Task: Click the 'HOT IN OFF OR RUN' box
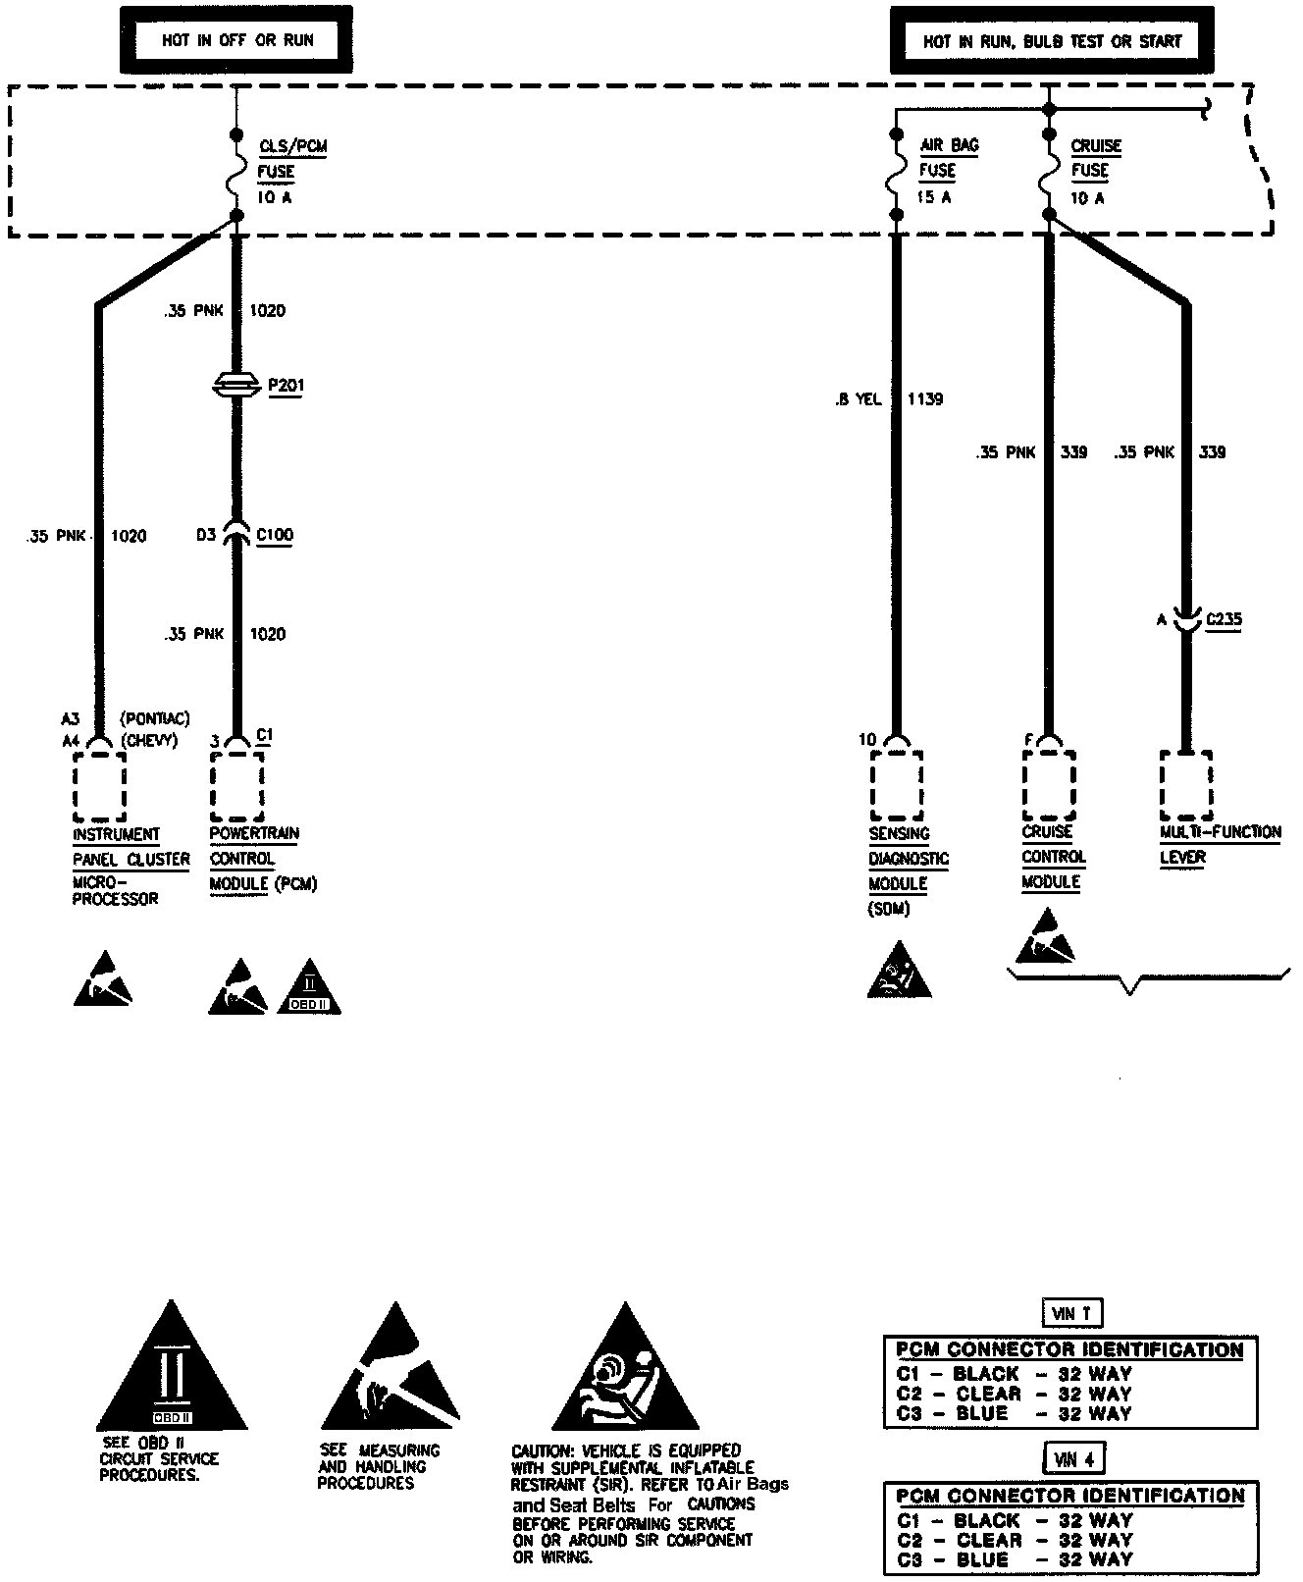tap(237, 40)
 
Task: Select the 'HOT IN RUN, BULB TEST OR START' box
tap(1052, 41)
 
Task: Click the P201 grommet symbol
tap(236, 386)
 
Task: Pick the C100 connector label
tap(274, 535)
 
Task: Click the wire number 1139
tap(924, 399)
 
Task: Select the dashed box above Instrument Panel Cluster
tap(99, 786)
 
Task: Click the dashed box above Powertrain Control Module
tap(236, 786)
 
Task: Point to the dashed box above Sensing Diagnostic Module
tap(896, 786)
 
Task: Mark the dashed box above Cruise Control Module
tap(1048, 786)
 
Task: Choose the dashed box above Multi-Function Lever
tap(1185, 786)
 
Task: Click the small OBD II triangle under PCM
tap(309, 989)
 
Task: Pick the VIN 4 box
tap(1074, 1459)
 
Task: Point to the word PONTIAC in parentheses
tap(154, 719)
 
